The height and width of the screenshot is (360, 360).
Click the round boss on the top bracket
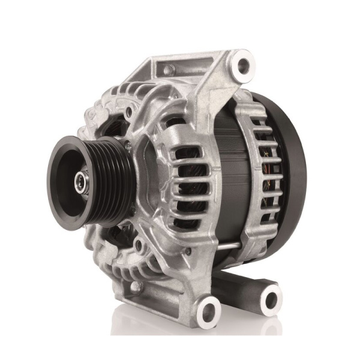170,70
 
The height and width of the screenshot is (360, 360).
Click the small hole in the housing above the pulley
129,112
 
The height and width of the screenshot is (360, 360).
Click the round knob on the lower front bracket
136,287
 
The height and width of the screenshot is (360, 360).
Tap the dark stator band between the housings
222,174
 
